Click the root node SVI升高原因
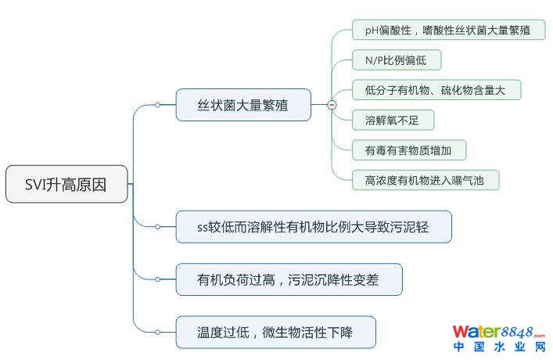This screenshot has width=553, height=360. pyautogui.click(x=66, y=184)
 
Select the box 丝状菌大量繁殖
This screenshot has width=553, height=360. pyautogui.click(x=243, y=105)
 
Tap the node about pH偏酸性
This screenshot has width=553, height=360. pyautogui.click(x=449, y=30)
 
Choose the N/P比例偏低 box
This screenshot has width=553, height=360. pyautogui.click(x=397, y=60)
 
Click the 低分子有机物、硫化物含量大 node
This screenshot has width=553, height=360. pyautogui.click(x=436, y=90)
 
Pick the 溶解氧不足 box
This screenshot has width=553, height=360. pyautogui.click(x=393, y=121)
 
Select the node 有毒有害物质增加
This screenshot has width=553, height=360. pyautogui.click(x=409, y=150)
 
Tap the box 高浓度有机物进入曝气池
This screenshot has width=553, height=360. pyautogui.click(x=426, y=180)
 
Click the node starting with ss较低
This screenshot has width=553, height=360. pyautogui.click(x=314, y=227)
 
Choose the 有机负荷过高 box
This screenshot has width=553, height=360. pyautogui.click(x=289, y=279)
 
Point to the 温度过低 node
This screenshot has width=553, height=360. pyautogui.click(x=275, y=332)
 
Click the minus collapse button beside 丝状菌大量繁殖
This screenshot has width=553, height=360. pyautogui.click(x=332, y=105)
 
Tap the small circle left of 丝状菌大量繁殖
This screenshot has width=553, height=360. pyautogui.click(x=157, y=105)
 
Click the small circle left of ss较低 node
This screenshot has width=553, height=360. pyautogui.click(x=157, y=227)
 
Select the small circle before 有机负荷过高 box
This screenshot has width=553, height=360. pyautogui.click(x=157, y=279)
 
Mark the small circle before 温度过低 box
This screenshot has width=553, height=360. pyautogui.click(x=157, y=332)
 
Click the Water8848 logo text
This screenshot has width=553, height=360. pyautogui.click(x=499, y=332)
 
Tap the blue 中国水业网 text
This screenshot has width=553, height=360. pyautogui.click(x=499, y=347)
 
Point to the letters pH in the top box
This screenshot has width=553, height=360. pyautogui.click(x=372, y=31)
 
